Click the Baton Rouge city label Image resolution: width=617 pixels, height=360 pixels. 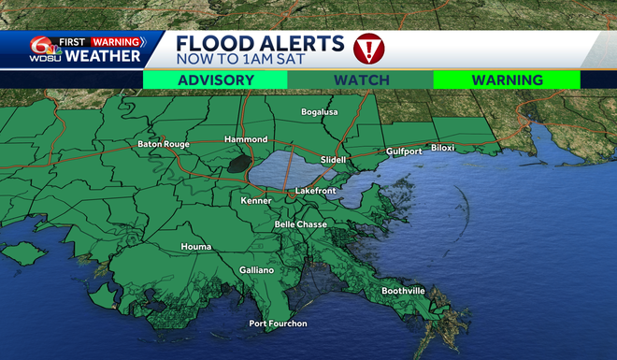point(164,144)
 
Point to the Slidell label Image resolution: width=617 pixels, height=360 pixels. point(333,160)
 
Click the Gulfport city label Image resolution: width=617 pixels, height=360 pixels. point(404,151)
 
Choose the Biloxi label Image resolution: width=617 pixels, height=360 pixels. point(445,147)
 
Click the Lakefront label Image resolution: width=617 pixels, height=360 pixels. point(315,191)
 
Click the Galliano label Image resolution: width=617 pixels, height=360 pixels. point(256,269)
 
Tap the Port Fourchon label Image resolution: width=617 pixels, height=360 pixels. point(278,324)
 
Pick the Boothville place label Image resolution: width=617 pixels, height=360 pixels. point(403,291)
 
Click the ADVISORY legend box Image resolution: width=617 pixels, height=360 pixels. point(215,80)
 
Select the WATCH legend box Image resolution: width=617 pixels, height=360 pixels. point(361,80)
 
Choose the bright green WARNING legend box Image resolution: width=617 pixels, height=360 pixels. point(507,80)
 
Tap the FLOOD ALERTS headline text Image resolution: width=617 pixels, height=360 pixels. point(260,42)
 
